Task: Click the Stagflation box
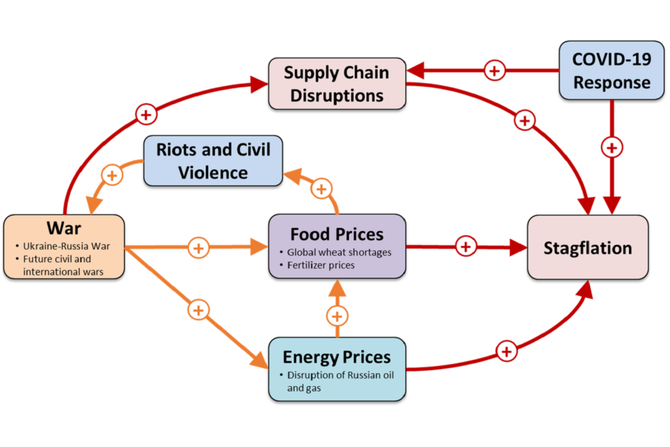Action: [x=588, y=248]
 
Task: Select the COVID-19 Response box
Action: [x=611, y=71]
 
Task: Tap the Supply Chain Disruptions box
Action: [x=337, y=83]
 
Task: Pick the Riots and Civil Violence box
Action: [x=213, y=161]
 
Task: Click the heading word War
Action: [x=63, y=228]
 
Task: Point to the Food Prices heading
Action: [x=337, y=234]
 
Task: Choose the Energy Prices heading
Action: [x=336, y=357]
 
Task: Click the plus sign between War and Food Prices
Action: [x=198, y=248]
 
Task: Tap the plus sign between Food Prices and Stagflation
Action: [x=465, y=247]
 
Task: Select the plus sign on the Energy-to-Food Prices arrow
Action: [x=337, y=317]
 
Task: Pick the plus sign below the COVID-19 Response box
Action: [x=611, y=148]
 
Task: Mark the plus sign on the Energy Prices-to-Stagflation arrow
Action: [x=506, y=351]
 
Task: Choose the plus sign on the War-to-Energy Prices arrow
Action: [x=198, y=309]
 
